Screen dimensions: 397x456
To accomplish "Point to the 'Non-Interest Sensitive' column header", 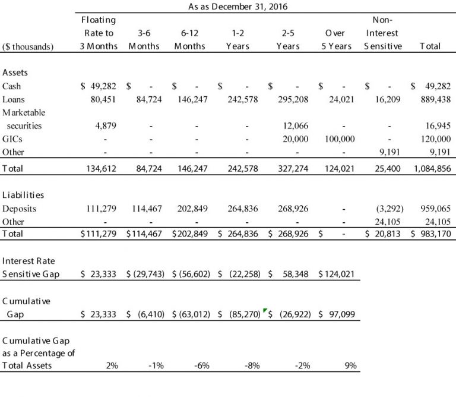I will pos(382,33).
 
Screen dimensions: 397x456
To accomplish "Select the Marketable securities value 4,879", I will pos(106,126).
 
